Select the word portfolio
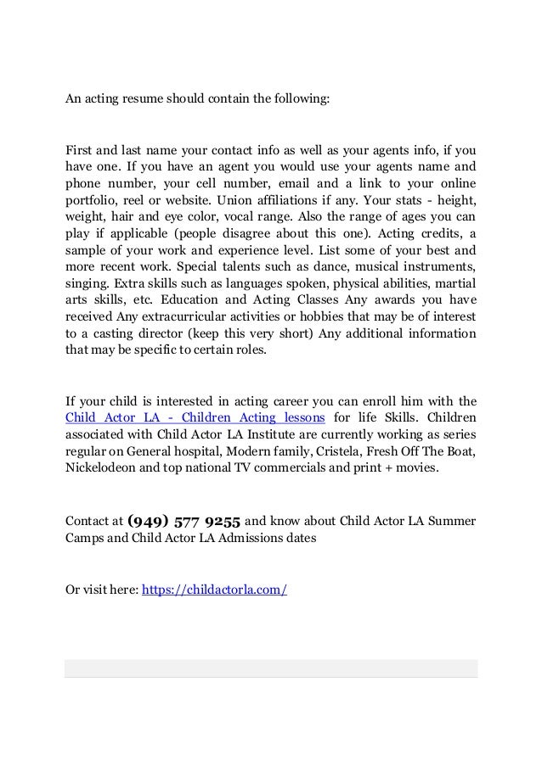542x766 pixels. (x=93, y=201)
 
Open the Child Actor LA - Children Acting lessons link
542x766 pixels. (x=195, y=417)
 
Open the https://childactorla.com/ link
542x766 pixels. (x=214, y=589)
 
